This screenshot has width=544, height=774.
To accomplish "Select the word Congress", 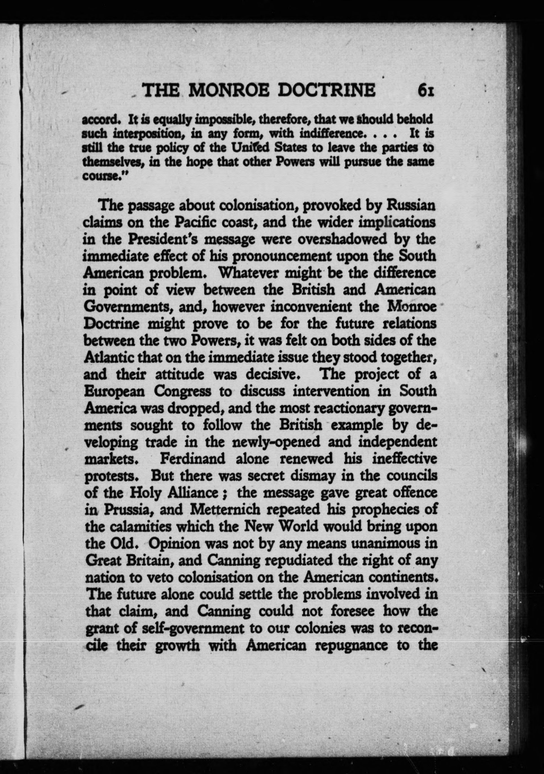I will pyautogui.click(x=183, y=391).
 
